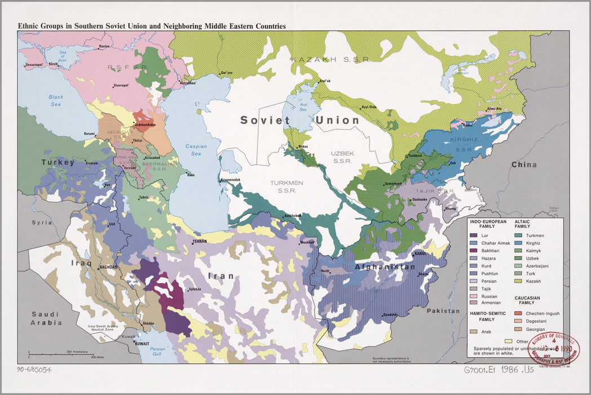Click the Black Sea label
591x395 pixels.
(56, 100)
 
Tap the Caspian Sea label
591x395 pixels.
(195, 150)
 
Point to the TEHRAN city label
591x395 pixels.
(200, 241)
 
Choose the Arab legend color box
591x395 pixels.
(474, 332)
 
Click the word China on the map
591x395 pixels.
(524, 165)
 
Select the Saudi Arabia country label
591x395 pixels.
(46, 318)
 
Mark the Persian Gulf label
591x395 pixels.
(157, 352)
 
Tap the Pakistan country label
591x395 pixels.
(443, 311)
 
